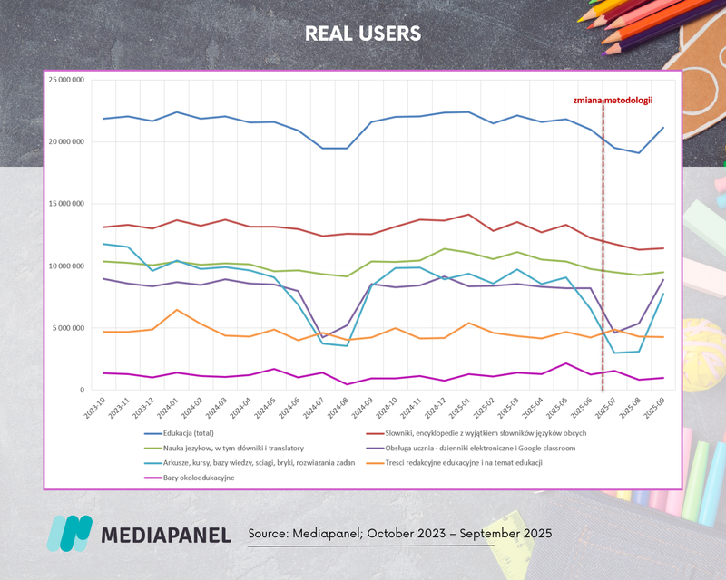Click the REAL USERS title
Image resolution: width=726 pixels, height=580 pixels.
pos(363,34)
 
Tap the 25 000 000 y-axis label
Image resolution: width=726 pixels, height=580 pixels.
pos(65,80)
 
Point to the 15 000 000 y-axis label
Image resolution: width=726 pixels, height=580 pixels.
pos(65,204)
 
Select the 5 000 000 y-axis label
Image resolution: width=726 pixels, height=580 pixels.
pos(67,328)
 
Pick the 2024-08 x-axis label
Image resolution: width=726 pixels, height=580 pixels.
pos(338,405)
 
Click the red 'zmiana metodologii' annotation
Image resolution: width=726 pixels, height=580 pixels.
pos(614,101)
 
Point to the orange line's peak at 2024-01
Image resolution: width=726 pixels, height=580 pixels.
pos(178,310)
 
